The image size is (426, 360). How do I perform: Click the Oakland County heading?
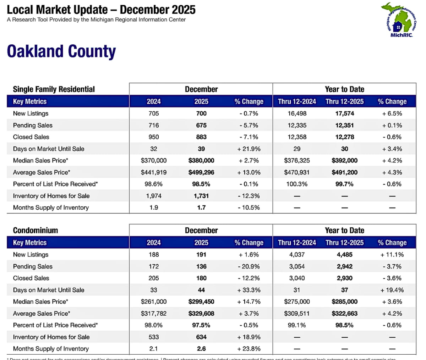(61, 51)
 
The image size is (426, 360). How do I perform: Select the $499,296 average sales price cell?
(201, 172)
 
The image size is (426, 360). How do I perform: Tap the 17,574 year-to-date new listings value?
(344, 113)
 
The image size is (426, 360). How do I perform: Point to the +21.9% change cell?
(249, 149)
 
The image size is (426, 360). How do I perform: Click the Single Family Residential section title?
(54, 89)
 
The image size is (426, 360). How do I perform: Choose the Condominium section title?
(35, 230)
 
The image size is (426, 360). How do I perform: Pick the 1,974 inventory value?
(153, 196)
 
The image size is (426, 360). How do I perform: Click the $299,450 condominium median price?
(201, 301)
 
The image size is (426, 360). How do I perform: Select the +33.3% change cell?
(249, 290)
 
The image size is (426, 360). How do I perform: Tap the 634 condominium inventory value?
(201, 337)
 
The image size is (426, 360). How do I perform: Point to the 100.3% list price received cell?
(297, 184)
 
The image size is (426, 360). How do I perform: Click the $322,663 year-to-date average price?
(344, 314)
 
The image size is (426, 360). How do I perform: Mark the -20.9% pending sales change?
(249, 266)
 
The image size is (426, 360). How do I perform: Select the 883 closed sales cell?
(201, 137)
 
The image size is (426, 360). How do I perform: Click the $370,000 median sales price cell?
(153, 161)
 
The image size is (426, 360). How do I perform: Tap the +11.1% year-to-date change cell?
(392, 255)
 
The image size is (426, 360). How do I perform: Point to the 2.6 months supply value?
(201, 349)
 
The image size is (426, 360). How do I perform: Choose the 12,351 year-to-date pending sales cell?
(344, 125)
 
